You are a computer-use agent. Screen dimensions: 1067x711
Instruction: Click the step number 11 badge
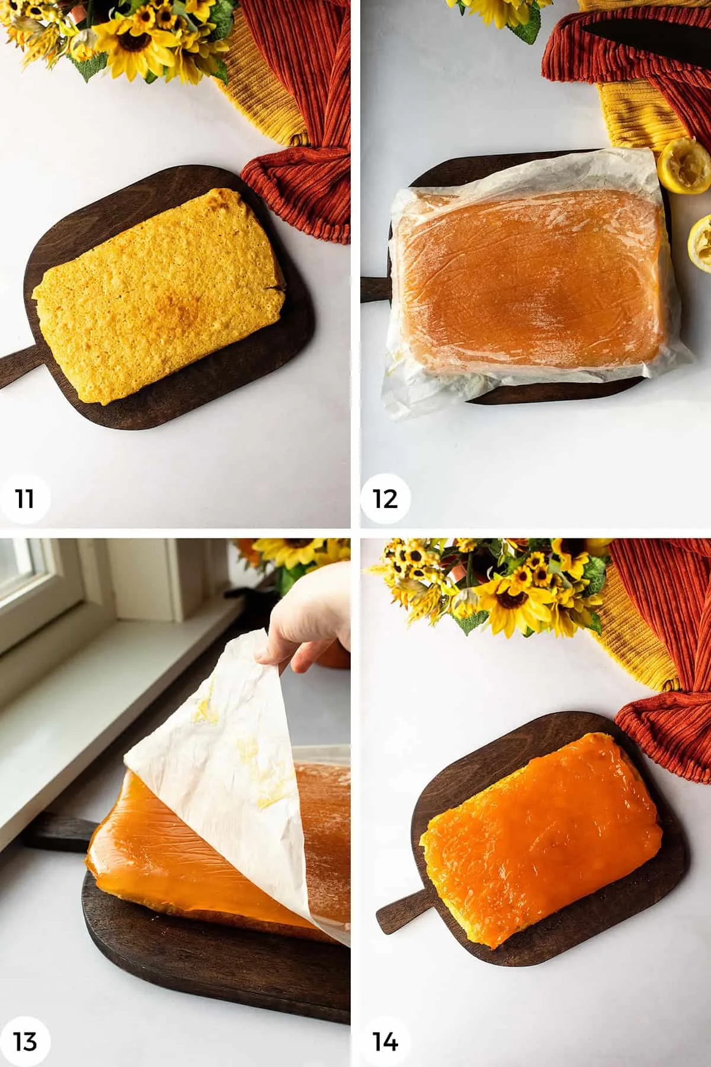(25, 499)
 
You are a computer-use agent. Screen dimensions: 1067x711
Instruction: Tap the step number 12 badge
(386, 499)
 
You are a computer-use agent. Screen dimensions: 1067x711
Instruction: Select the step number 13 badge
(25, 1042)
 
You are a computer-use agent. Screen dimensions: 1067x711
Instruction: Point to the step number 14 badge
(386, 1042)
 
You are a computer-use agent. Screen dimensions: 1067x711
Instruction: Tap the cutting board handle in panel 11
(15, 368)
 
